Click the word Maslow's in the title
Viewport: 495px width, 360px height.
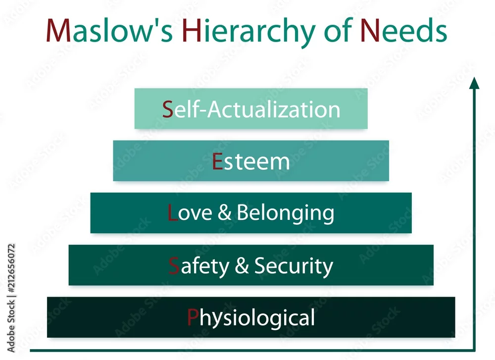click(x=109, y=31)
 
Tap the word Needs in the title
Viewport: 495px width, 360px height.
click(x=404, y=30)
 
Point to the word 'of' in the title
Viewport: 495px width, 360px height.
click(x=338, y=30)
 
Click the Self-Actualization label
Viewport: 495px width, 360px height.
click(x=251, y=109)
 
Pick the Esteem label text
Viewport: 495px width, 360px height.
click(x=251, y=161)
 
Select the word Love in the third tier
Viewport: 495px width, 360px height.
click(x=190, y=212)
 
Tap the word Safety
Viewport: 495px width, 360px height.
click(x=199, y=267)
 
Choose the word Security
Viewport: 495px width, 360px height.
click(x=294, y=267)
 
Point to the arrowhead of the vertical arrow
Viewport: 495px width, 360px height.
click(x=474, y=83)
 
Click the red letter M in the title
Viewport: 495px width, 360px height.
click(x=58, y=30)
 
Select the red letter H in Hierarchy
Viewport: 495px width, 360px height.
click(x=192, y=30)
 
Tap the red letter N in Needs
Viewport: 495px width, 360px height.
click(x=370, y=30)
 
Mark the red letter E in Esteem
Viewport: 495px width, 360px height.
click(x=217, y=161)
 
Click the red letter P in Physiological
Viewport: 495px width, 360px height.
click(x=193, y=317)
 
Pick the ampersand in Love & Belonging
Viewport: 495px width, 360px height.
click(x=224, y=212)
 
